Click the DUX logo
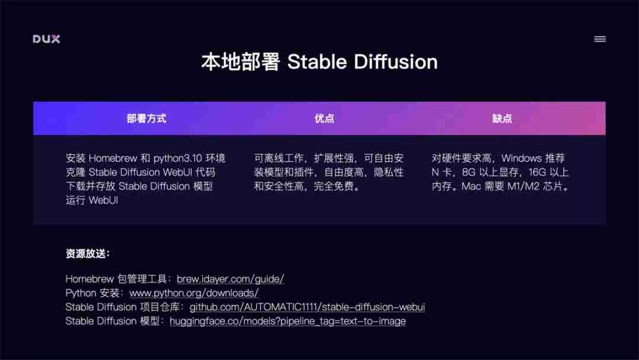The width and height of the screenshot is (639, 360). coord(46,39)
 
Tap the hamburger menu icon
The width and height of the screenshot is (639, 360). coord(599,39)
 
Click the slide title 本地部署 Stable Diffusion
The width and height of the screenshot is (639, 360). coord(319,62)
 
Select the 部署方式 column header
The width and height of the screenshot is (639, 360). coord(146,118)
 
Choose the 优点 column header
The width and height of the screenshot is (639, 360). coord(324,118)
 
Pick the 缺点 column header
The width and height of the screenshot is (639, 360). coord(502,118)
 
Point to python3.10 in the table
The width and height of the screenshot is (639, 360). coord(178,158)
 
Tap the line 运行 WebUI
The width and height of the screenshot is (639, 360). coord(92,200)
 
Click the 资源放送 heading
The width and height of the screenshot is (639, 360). coord(88,254)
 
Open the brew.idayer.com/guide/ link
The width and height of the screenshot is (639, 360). coord(230,279)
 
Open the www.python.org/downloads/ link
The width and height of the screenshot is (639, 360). coord(193,293)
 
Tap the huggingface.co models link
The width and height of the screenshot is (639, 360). coord(288,322)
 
